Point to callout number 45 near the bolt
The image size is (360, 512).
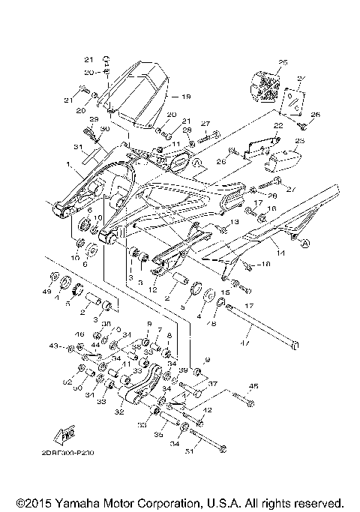click(x=253, y=387)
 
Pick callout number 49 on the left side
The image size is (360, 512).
click(x=46, y=291)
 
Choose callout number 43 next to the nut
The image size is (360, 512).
click(x=53, y=346)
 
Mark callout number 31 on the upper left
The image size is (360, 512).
click(x=78, y=146)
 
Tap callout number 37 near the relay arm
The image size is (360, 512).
click(x=212, y=383)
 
